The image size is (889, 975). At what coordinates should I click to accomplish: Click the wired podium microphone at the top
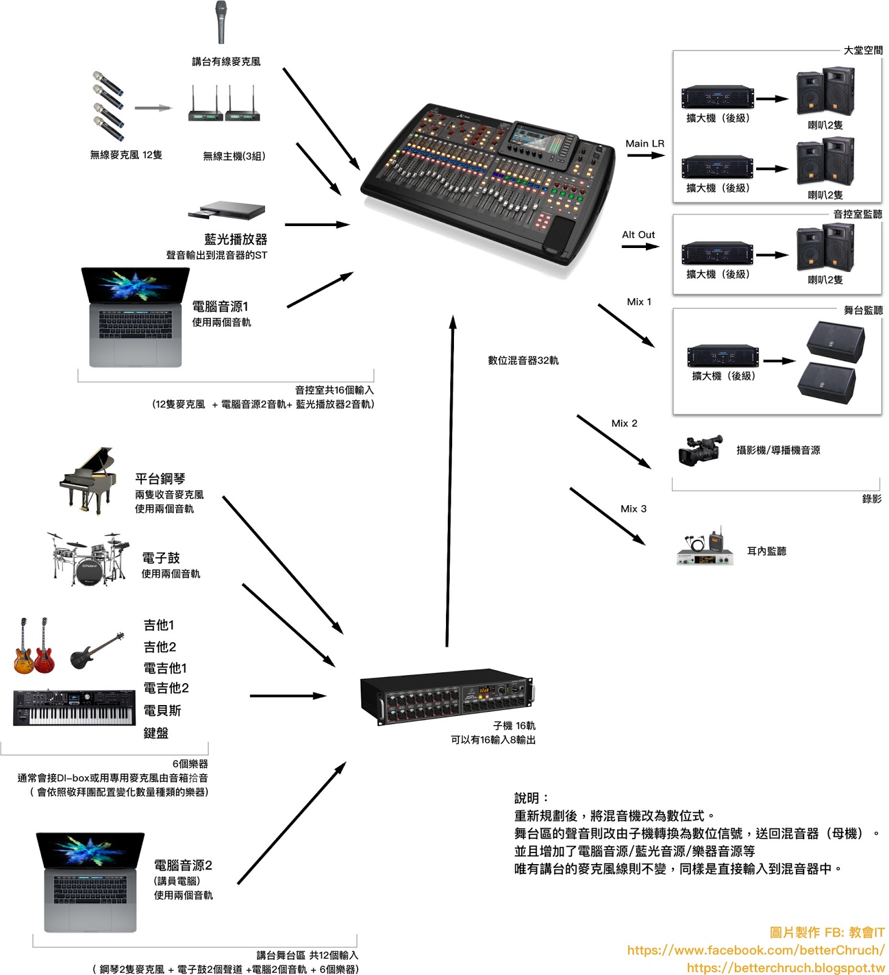[221, 23]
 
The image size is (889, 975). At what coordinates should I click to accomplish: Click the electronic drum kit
[89, 559]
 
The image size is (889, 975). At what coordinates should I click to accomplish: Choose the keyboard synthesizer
[74, 707]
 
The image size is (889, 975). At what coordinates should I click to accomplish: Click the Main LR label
[645, 144]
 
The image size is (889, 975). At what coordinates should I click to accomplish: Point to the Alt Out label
[638, 235]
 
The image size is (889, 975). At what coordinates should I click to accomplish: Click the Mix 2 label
[624, 424]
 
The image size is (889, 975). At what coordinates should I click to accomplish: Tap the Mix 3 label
[633, 509]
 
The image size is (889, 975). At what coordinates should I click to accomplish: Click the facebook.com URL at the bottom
[756, 950]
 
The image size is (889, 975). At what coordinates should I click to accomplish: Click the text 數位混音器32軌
[523, 361]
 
